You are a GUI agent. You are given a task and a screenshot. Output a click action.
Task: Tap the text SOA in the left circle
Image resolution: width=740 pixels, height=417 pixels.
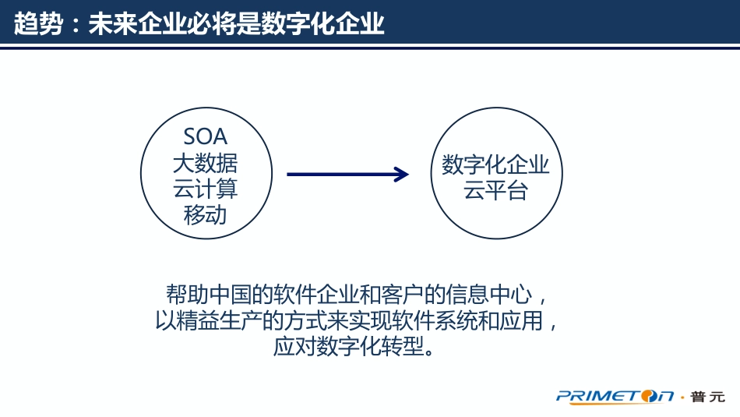[x=205, y=137]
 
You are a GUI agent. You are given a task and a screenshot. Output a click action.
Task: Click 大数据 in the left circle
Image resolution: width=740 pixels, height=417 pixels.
[x=205, y=164]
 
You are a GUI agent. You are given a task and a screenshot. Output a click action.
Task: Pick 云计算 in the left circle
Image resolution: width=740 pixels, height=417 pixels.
[x=205, y=189]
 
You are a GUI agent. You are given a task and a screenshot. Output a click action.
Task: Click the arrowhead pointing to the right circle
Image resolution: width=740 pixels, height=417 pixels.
[x=401, y=175]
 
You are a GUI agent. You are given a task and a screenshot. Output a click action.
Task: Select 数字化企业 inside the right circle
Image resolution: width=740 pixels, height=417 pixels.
[x=496, y=165]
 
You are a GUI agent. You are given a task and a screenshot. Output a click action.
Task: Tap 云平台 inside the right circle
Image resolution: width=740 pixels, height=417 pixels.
[x=496, y=191]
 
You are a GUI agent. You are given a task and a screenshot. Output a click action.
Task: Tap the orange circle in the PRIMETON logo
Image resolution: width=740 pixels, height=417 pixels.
[x=646, y=397]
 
